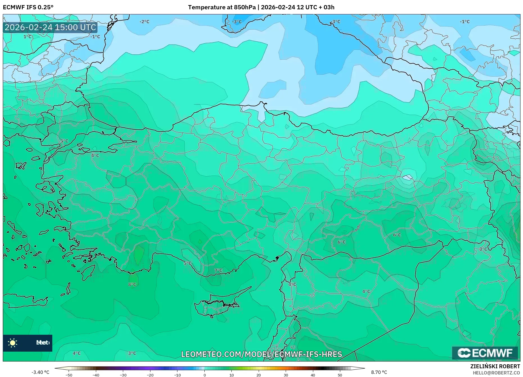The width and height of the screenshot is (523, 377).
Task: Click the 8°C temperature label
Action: point(132,284)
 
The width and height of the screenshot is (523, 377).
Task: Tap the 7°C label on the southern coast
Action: point(218,270)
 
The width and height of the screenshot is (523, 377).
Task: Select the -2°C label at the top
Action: point(144,22)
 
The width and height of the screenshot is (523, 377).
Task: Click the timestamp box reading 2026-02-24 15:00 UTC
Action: point(50,27)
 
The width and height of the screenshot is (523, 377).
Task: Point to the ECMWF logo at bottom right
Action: point(485,353)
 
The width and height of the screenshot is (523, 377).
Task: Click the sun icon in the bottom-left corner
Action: point(13,343)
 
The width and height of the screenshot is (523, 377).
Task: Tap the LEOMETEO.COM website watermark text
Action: point(261,354)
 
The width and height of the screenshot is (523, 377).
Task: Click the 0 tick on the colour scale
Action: point(204,375)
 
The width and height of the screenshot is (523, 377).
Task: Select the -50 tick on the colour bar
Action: point(69,375)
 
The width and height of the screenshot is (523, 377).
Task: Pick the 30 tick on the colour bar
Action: point(286,375)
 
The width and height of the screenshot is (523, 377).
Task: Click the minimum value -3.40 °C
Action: point(40,372)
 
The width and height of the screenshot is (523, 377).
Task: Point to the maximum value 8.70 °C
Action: point(379,372)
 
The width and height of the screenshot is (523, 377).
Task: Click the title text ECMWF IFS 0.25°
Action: point(28,7)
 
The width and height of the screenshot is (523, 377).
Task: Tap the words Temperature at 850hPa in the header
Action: point(222,7)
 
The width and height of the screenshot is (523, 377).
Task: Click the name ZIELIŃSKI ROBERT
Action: point(495,366)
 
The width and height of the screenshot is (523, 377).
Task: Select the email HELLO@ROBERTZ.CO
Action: point(496,373)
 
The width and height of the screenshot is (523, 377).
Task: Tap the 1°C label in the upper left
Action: point(28,37)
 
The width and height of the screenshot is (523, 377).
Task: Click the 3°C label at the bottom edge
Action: point(132,353)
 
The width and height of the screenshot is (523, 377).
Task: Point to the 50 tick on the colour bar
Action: point(340,375)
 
